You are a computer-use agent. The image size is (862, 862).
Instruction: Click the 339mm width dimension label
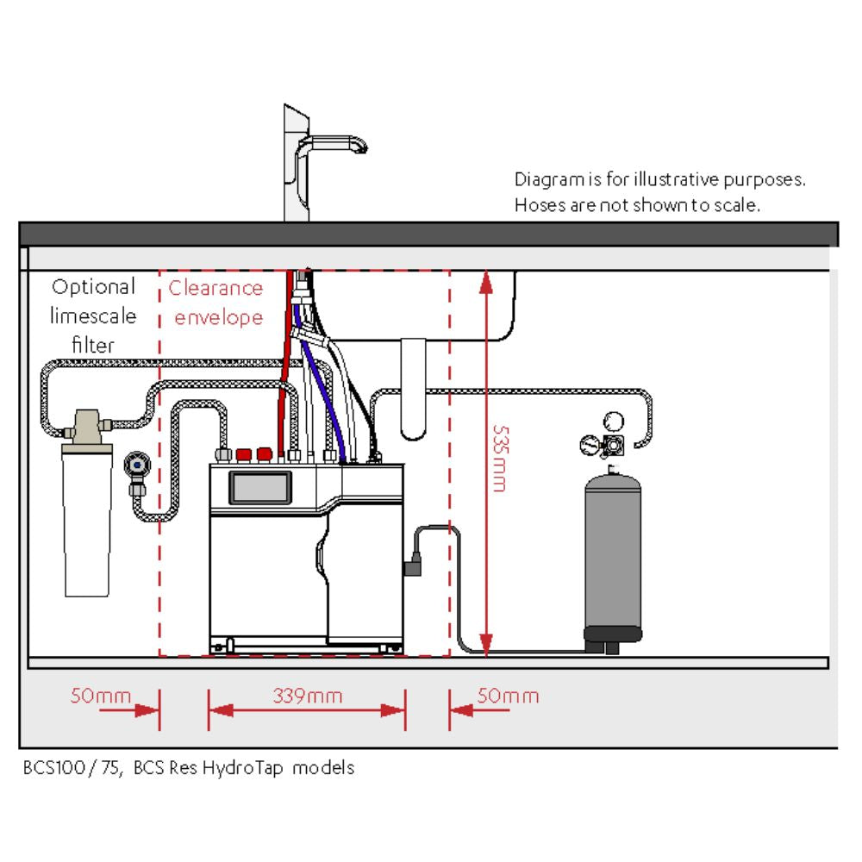pyautogui.click(x=307, y=696)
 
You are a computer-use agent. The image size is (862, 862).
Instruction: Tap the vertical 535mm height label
pyautogui.click(x=498, y=458)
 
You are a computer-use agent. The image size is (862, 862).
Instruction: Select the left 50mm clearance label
pyautogui.click(x=95, y=696)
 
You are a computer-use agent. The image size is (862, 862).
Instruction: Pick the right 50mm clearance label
pyautogui.click(x=508, y=696)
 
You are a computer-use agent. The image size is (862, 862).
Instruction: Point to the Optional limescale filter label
pyautogui.click(x=93, y=315)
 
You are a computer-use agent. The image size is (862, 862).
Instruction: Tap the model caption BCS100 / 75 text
pyautogui.click(x=188, y=767)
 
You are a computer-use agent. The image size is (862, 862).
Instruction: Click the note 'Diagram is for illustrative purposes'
pyautogui.click(x=659, y=180)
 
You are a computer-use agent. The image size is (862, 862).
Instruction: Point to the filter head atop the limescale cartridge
pyautogui.click(x=86, y=425)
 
